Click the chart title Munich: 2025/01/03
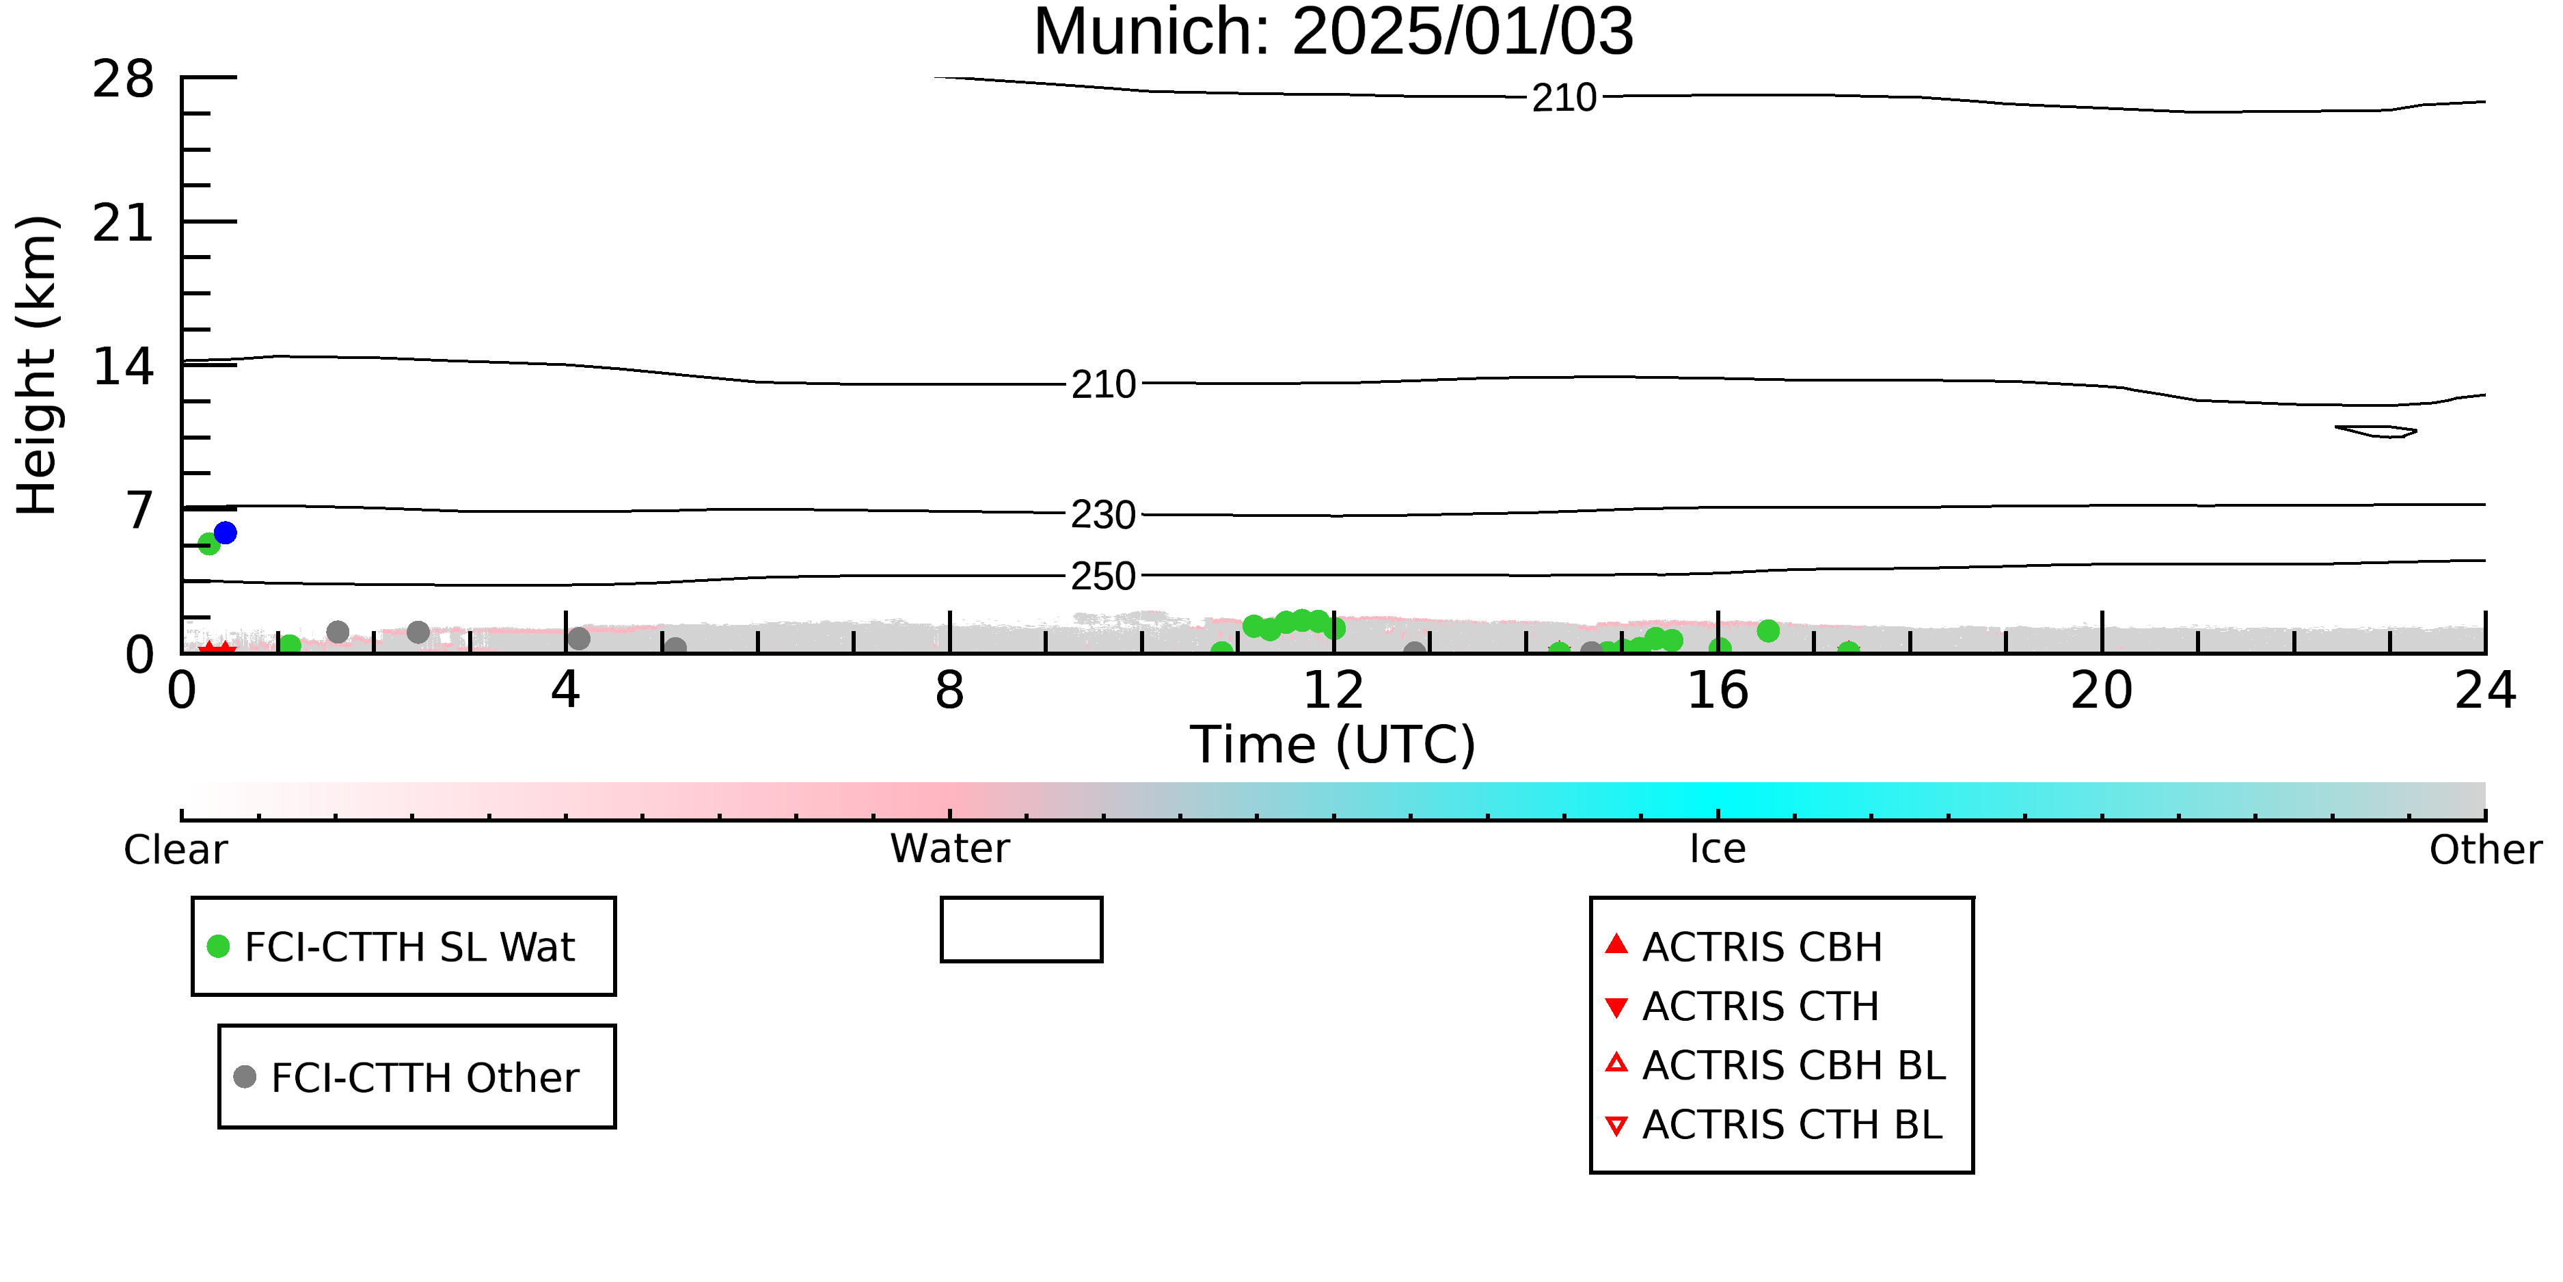[1333, 32]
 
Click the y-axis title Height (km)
[38, 365]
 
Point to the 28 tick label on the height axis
[124, 79]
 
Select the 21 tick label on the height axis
[124, 223]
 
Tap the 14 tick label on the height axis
[124, 366]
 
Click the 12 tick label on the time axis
[1333, 690]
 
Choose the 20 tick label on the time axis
[2102, 690]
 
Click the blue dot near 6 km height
[226, 533]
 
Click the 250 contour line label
[1103, 576]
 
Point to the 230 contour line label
[1103, 515]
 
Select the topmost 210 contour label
[1564, 98]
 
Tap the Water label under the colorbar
[950, 849]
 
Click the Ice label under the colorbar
[1718, 849]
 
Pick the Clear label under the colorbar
[175, 850]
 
